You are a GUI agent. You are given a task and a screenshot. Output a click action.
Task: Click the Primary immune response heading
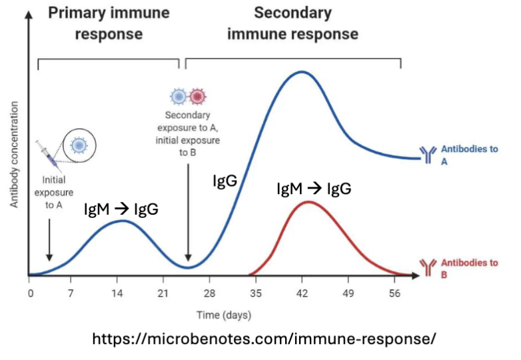click(x=108, y=23)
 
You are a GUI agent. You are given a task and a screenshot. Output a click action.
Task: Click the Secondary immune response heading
click(x=292, y=23)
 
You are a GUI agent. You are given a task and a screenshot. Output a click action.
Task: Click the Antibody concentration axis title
click(x=14, y=153)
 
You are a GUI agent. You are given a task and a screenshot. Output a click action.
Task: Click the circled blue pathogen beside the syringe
click(x=79, y=145)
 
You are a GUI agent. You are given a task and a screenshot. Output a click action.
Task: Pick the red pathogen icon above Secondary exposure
click(x=197, y=97)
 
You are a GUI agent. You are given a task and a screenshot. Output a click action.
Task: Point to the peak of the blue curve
click(x=302, y=71)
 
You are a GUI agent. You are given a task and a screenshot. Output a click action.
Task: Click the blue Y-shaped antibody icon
click(x=426, y=155)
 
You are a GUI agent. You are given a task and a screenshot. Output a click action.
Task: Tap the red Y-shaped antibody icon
click(x=426, y=267)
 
